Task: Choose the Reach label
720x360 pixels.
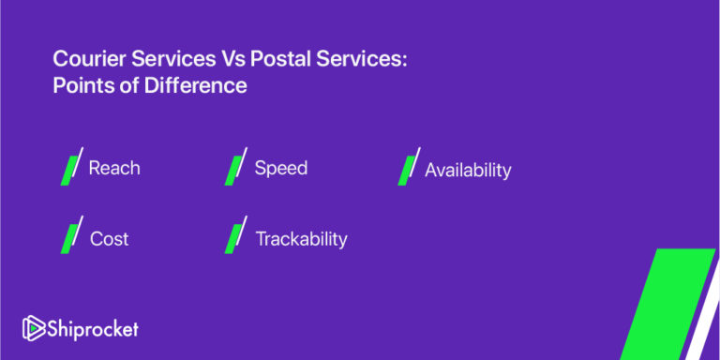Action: tap(114, 169)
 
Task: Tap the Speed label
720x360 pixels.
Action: tap(281, 169)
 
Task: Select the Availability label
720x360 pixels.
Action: tap(468, 171)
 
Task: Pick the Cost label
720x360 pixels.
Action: tap(109, 239)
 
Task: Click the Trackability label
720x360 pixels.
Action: tap(301, 239)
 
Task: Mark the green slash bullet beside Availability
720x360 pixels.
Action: tap(408, 169)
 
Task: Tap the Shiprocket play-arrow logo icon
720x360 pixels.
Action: tap(34, 329)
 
